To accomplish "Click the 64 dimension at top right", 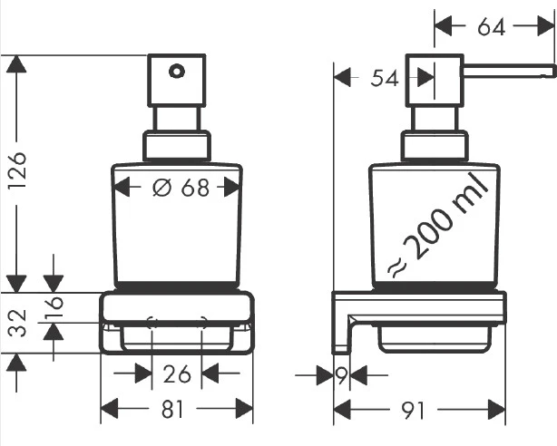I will (x=491, y=27).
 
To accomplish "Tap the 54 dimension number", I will (x=386, y=79).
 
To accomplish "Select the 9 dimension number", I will (x=341, y=374).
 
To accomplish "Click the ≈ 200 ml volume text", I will (x=439, y=223).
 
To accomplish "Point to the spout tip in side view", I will (x=550, y=69).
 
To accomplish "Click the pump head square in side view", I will (x=434, y=80).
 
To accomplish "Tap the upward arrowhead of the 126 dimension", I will (x=15, y=63).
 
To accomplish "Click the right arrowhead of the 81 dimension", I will (x=246, y=410).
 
